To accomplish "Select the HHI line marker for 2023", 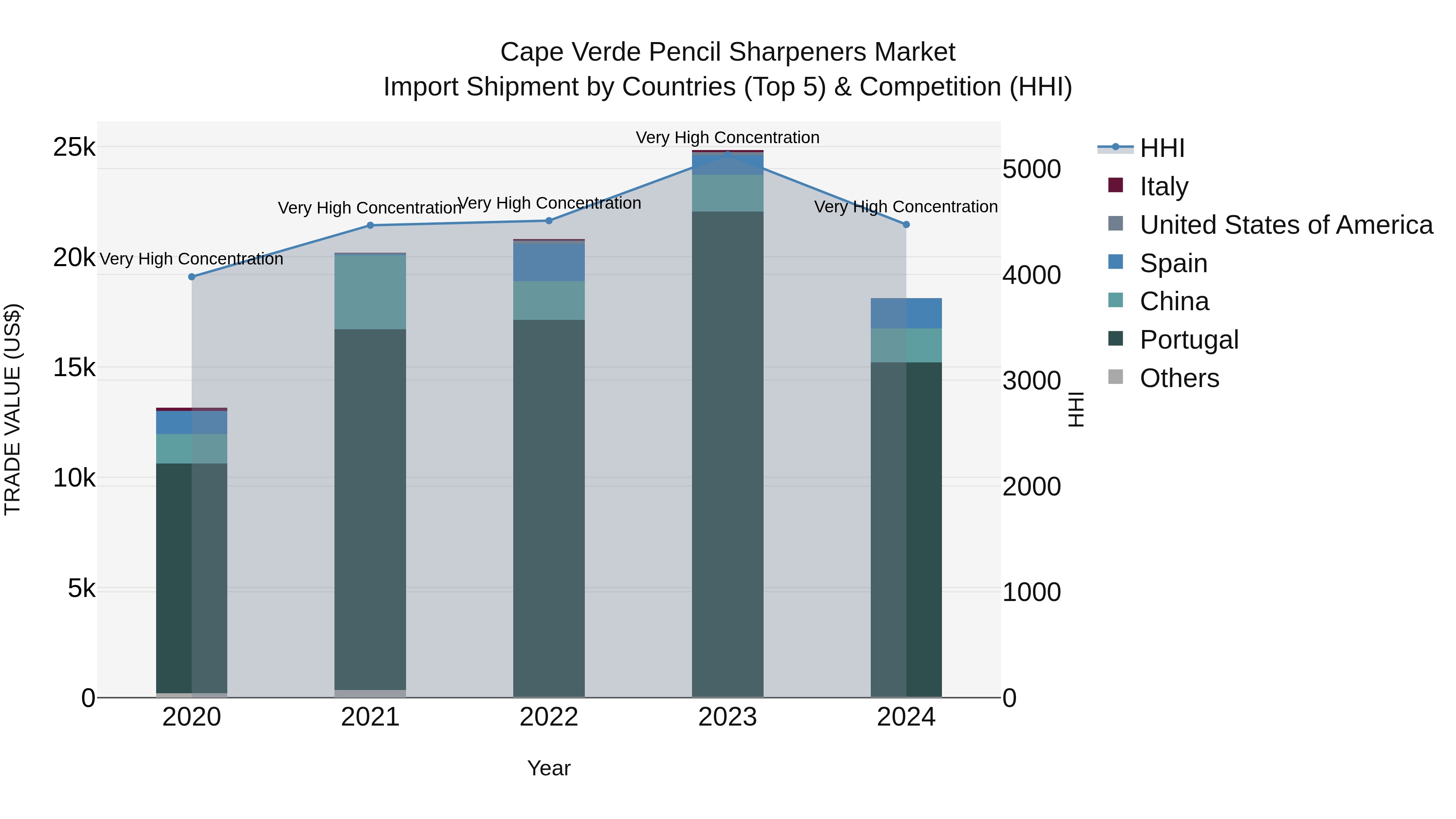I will (728, 154).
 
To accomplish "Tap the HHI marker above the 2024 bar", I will (906, 224).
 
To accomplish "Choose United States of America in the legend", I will (1286, 224).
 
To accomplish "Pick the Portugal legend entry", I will (1189, 340).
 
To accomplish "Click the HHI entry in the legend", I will (1162, 148).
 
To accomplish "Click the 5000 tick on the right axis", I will (1031, 169).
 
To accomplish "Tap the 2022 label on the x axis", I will (548, 717).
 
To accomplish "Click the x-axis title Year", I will (548, 768).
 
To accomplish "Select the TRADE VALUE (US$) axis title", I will (13, 409).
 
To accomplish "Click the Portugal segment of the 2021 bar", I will (370, 509).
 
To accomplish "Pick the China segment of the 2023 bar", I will (728, 193).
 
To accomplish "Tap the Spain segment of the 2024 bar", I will (906, 313).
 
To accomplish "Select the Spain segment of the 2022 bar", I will (548, 261).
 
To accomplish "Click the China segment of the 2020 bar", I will (192, 449).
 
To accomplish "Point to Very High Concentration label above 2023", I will (728, 138).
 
